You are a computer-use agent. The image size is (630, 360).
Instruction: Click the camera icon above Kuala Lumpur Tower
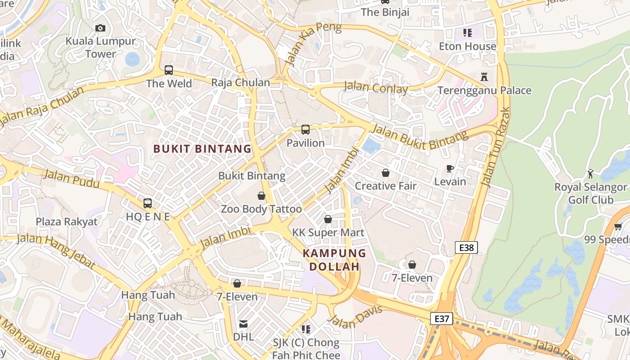tap(100, 28)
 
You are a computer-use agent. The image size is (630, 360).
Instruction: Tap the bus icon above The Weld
tap(169, 70)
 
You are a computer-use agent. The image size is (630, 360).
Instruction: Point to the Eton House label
tap(468, 46)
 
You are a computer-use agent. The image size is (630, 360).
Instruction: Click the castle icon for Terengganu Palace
tap(484, 76)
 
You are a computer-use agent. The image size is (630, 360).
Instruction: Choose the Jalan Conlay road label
tap(376, 87)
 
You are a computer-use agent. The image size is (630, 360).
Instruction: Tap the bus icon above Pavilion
tap(306, 130)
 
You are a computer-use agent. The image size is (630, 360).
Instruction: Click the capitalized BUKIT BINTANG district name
tap(202, 148)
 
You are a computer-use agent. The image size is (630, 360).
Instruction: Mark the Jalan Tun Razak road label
tap(495, 147)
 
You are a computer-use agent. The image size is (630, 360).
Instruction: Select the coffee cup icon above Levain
tap(450, 169)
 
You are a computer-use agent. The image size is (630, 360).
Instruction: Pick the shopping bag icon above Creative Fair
tap(386, 173)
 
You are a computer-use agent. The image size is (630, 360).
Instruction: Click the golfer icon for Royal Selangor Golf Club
tap(590, 174)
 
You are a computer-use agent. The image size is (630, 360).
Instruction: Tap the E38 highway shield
tap(466, 247)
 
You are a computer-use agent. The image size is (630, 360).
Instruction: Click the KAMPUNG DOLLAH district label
tap(334, 260)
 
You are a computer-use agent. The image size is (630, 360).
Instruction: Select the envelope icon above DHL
tap(243, 324)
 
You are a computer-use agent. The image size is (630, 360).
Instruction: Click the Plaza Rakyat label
tap(67, 221)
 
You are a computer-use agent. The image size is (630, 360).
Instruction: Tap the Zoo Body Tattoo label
tap(261, 209)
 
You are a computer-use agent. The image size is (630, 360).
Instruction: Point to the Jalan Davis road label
tap(355, 317)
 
